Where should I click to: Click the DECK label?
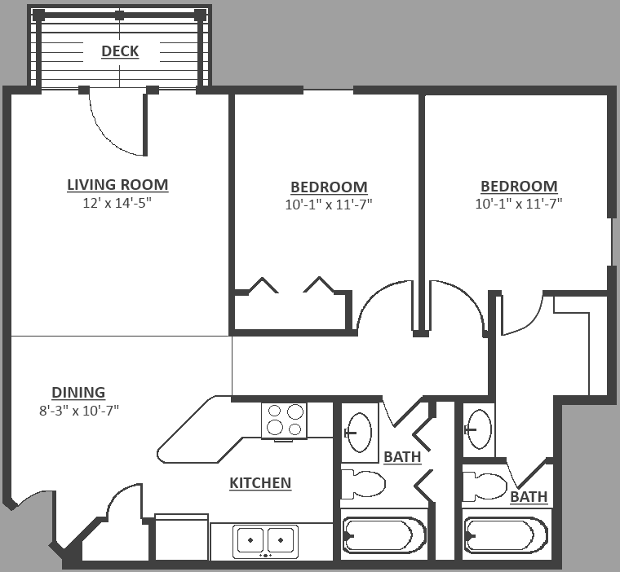pyautogui.click(x=120, y=51)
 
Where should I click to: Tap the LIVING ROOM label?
pyautogui.click(x=117, y=185)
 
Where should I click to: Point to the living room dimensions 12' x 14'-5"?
pyautogui.click(x=117, y=203)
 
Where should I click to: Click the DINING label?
pyautogui.click(x=78, y=392)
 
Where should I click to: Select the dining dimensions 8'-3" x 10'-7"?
pyautogui.click(x=79, y=411)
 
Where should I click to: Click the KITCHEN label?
pyautogui.click(x=260, y=482)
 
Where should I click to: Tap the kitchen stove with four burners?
pyautogui.click(x=284, y=420)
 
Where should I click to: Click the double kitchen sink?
pyautogui.click(x=265, y=541)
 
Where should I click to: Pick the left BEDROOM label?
pyautogui.click(x=329, y=187)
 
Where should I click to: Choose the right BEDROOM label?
pyautogui.click(x=519, y=186)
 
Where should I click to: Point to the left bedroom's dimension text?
pyautogui.click(x=329, y=205)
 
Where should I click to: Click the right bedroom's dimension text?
pyautogui.click(x=519, y=204)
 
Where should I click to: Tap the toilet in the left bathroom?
pyautogui.click(x=363, y=484)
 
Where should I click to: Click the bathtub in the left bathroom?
pyautogui.click(x=384, y=535)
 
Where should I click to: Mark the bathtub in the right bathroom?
pyautogui.click(x=506, y=535)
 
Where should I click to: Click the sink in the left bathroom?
pyautogui.click(x=359, y=433)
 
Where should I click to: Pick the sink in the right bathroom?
pyautogui.click(x=478, y=429)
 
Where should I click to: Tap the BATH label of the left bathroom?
pyautogui.click(x=402, y=457)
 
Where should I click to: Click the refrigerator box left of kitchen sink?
pyautogui.click(x=181, y=536)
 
